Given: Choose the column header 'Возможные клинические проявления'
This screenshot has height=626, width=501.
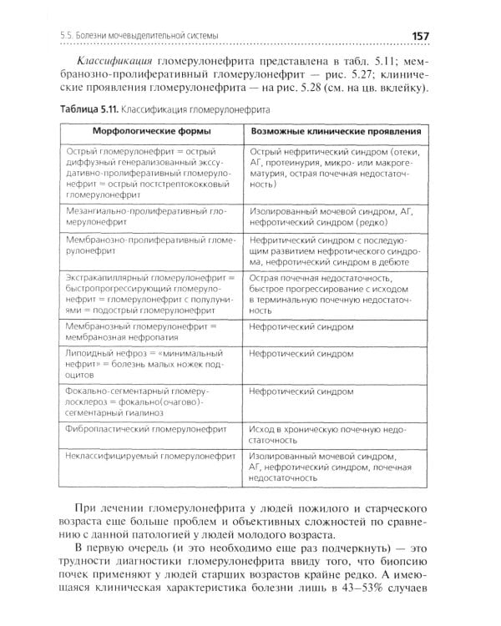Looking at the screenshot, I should click(x=335, y=132).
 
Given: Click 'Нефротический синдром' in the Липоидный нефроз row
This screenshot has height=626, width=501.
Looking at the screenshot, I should click(x=301, y=354).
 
